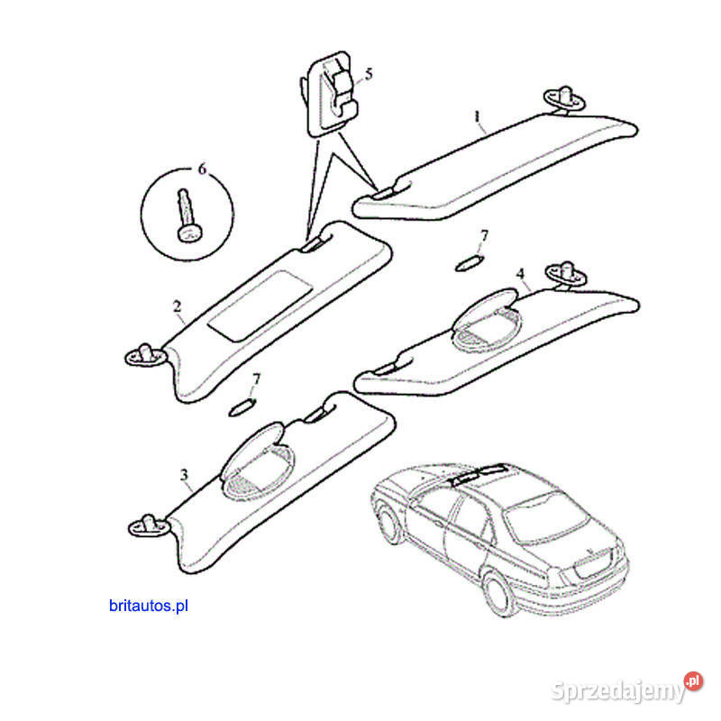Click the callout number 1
click(x=477, y=116)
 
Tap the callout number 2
click(x=177, y=306)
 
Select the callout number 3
click(x=185, y=474)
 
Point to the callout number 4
click(x=520, y=274)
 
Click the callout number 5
click(x=369, y=74)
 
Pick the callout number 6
click(x=202, y=169)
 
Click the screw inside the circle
click(x=187, y=215)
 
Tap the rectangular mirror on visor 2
click(x=260, y=306)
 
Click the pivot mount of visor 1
click(x=565, y=99)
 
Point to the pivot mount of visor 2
click(x=145, y=355)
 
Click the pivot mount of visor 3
click(x=148, y=525)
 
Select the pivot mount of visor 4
click(x=566, y=275)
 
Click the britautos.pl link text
click(x=149, y=606)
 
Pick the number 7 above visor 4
click(x=484, y=236)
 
